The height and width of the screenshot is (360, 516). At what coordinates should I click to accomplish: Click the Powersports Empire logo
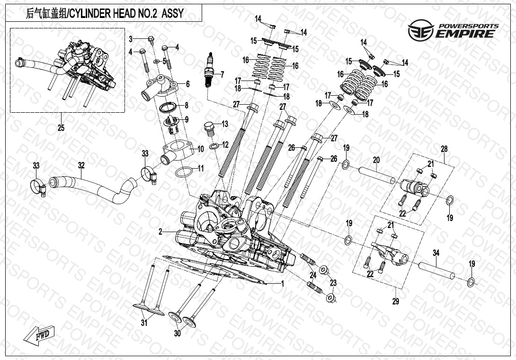[454, 30]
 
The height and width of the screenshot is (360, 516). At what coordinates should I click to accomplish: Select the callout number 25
[61, 128]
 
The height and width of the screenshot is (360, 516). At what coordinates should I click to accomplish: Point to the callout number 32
[81, 165]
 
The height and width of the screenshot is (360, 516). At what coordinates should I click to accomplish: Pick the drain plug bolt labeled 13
[208, 128]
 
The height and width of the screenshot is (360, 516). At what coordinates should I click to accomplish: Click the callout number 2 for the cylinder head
[161, 232]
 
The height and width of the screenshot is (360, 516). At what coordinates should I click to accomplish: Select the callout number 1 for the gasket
[282, 284]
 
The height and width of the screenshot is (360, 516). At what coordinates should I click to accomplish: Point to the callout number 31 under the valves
[144, 324]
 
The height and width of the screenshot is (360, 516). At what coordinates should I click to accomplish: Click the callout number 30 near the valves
[178, 333]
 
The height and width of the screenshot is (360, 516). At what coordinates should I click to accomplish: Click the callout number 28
[444, 149]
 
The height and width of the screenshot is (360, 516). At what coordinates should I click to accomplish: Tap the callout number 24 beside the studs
[313, 275]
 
